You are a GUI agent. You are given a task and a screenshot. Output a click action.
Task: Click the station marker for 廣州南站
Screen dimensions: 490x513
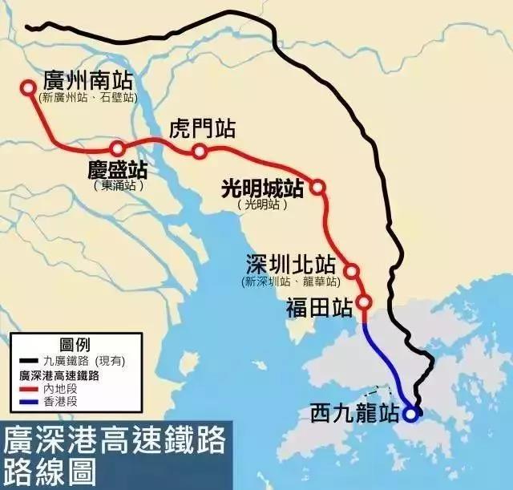click(28, 87)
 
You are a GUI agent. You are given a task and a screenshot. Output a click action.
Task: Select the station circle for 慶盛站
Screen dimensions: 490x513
click(118, 148)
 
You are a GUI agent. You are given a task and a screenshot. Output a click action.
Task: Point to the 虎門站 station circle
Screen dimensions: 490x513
click(200, 151)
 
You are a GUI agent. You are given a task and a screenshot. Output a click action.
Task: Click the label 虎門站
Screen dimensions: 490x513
click(203, 128)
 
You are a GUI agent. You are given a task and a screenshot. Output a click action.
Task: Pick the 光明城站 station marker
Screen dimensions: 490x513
click(317, 187)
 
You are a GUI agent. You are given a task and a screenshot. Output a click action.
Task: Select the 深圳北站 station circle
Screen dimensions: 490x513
click(351, 271)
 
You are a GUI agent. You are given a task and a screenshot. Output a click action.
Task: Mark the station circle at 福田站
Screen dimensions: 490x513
click(364, 302)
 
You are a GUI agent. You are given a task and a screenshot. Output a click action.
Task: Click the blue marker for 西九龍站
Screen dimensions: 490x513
click(411, 415)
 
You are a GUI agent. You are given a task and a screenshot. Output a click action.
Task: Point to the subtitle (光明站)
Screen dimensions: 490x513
click(262, 205)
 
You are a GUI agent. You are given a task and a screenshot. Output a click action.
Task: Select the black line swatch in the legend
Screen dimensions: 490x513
click(28, 362)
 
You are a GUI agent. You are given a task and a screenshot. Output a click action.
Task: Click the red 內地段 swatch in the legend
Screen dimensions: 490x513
click(28, 387)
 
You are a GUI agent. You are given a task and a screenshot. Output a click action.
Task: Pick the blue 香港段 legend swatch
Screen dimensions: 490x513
click(28, 400)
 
